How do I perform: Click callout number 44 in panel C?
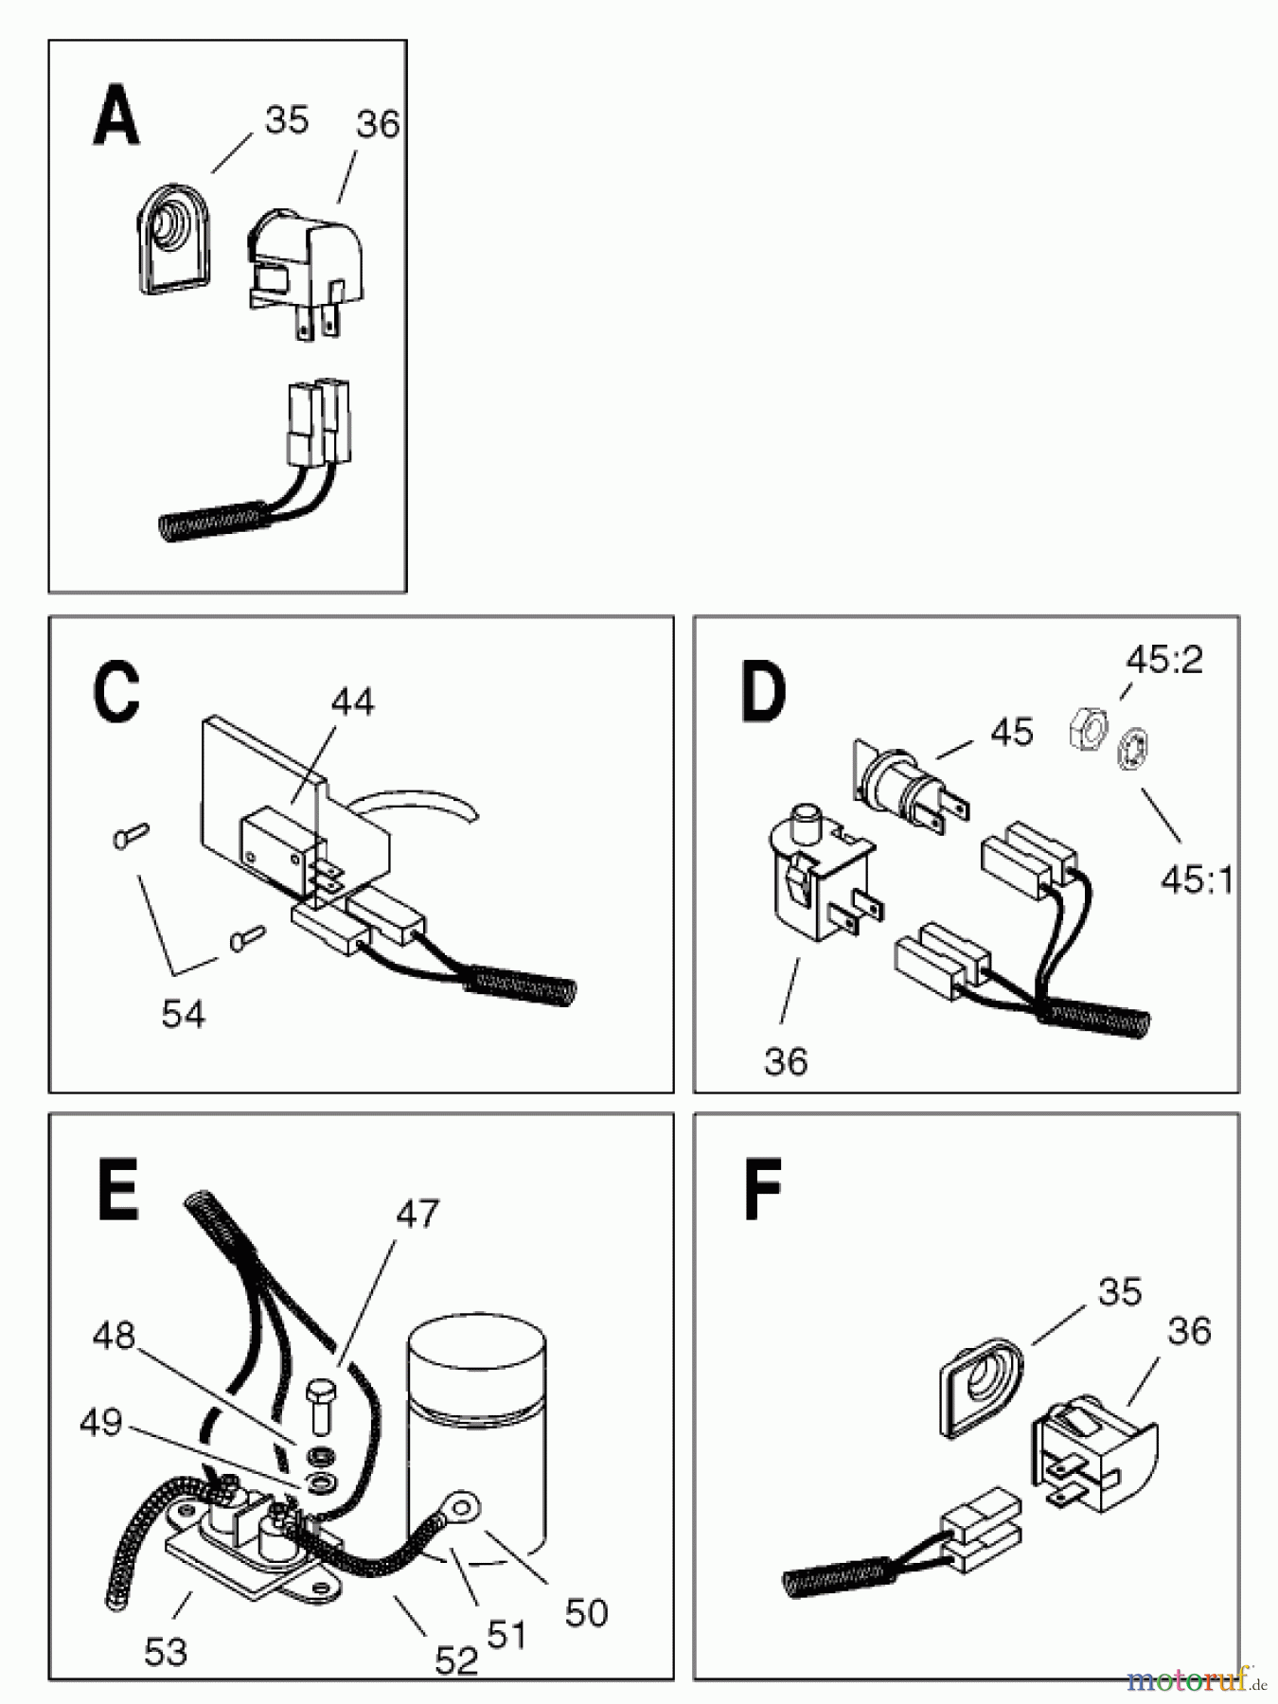tap(352, 701)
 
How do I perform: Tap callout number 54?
tap(183, 1014)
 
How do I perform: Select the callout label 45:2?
tap(1163, 659)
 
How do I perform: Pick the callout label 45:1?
tap(1198, 880)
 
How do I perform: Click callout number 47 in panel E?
tap(417, 1214)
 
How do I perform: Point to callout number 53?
tap(166, 1653)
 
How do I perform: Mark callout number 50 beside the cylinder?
tap(586, 1613)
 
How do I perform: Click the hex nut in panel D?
tap(1085, 730)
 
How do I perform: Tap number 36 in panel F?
tap(1190, 1331)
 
